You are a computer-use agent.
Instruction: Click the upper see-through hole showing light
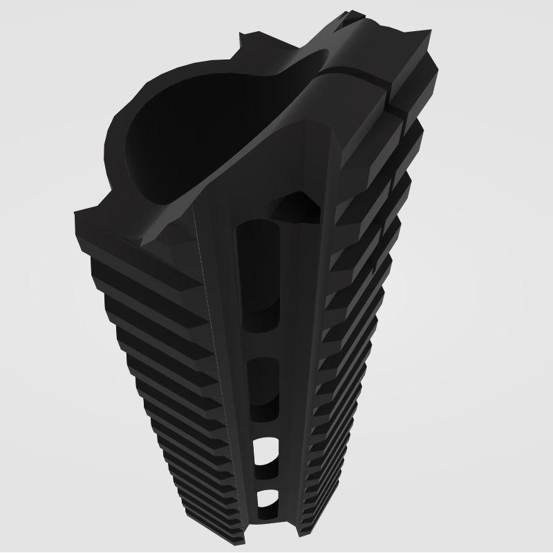[x=265, y=452]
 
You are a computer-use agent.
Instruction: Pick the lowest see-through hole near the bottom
[x=266, y=499]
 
